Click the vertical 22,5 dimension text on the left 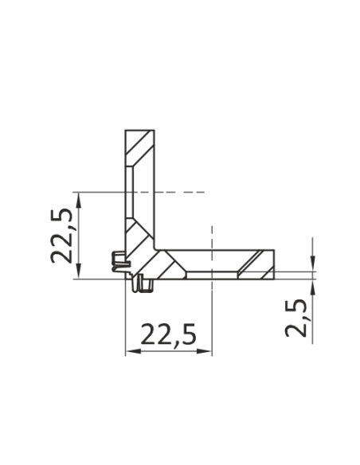coord(64,235)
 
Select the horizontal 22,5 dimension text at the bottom coord(168,335)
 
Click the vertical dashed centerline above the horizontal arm coord(211,235)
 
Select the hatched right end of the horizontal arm coord(258,264)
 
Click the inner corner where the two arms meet coord(158,248)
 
